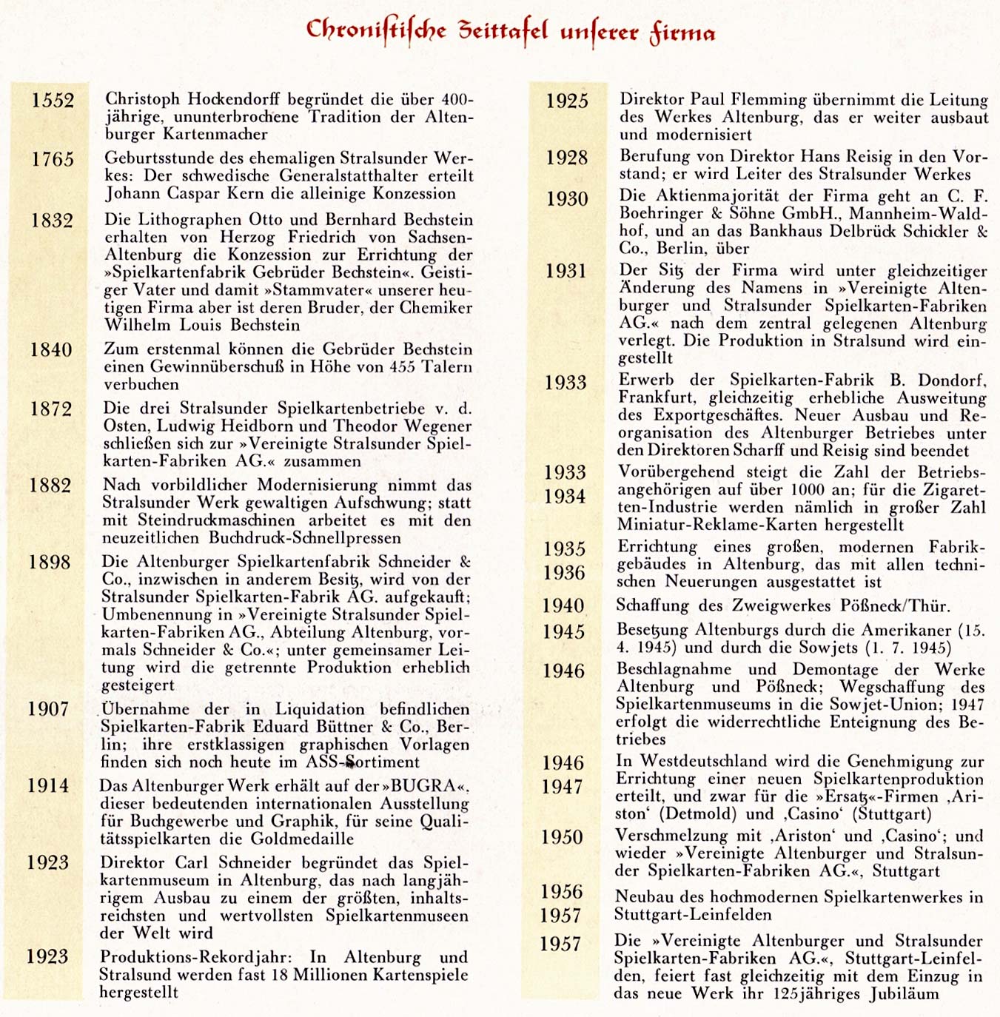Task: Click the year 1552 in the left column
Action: (x=53, y=100)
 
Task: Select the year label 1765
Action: (x=53, y=158)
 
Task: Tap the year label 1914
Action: (x=48, y=785)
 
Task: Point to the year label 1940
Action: (x=563, y=605)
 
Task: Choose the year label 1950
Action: (x=562, y=837)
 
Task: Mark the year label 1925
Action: (x=567, y=101)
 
